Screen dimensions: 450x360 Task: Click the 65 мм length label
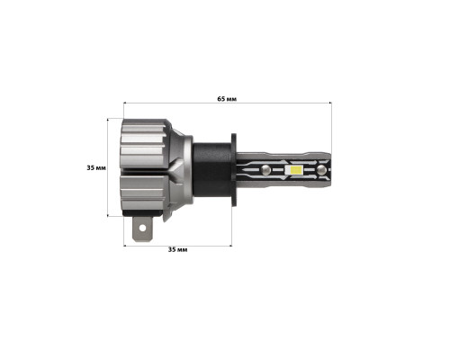(227, 99)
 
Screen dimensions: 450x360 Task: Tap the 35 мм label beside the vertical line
(96, 167)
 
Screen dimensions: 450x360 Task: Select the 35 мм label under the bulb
(177, 249)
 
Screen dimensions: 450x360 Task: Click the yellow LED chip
(294, 170)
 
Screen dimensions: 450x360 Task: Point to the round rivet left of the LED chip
(265, 170)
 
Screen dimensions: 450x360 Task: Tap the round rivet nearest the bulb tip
(321, 170)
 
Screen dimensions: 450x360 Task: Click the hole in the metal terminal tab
(142, 229)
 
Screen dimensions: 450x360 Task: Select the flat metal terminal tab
(143, 229)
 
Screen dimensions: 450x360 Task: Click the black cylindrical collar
(211, 169)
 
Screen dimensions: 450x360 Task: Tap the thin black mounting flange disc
(234, 169)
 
